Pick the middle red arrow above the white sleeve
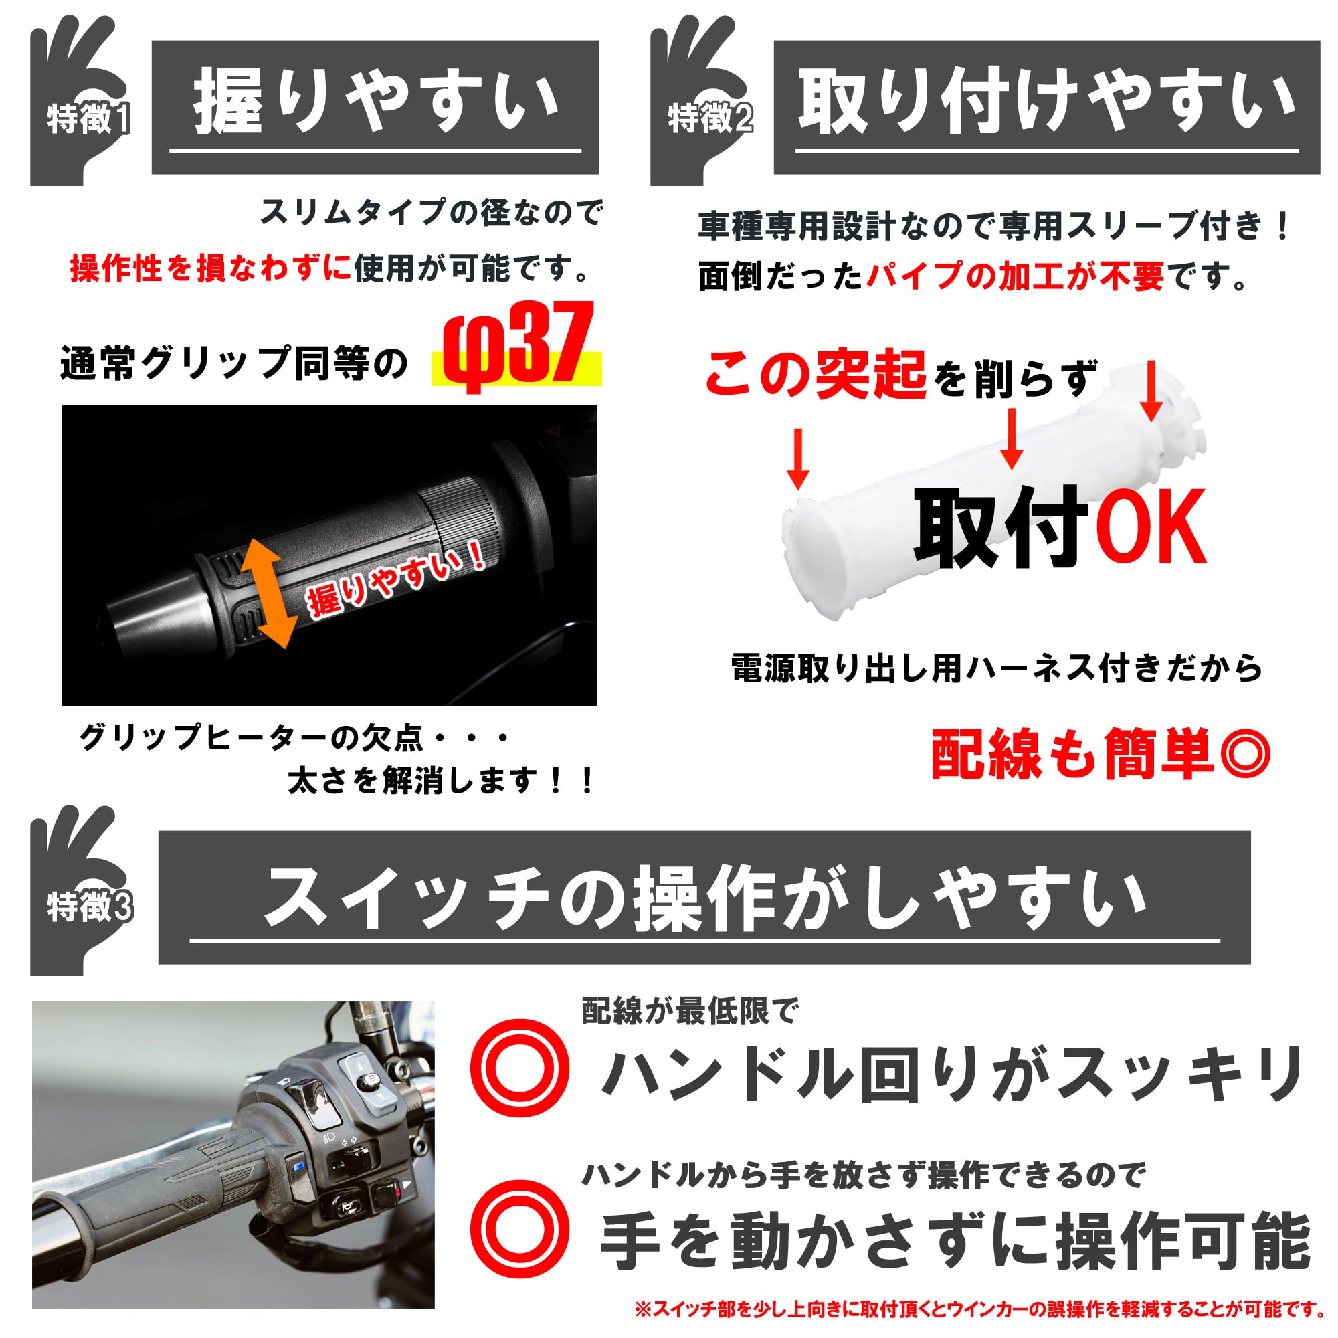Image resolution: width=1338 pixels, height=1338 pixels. click(1012, 438)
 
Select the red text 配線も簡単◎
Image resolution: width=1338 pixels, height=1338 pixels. click(1100, 754)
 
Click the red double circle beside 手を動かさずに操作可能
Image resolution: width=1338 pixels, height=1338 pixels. click(519, 1231)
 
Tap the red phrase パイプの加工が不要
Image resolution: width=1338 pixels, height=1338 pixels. click(1016, 276)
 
